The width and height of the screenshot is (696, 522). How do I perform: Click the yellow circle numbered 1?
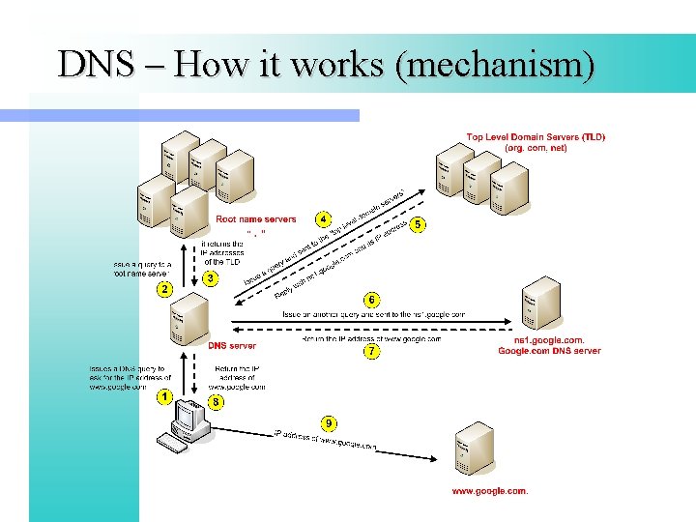(165, 396)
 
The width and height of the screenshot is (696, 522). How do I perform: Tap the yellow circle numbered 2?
(165, 289)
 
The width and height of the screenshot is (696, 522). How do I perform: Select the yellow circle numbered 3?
(212, 279)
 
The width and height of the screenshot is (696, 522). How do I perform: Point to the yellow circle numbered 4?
(325, 219)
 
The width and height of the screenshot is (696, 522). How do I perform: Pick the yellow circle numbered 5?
(418, 224)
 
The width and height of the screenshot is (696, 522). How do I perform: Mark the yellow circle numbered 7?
(371, 352)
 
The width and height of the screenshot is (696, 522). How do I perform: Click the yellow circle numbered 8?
(216, 402)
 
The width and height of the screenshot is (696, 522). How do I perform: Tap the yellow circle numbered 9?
(330, 422)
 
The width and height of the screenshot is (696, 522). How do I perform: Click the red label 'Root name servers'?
(256, 219)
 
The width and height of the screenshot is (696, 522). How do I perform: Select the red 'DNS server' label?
(232, 345)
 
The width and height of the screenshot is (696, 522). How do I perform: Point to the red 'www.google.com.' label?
(490, 491)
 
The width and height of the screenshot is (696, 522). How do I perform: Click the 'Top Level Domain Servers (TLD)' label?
(536, 137)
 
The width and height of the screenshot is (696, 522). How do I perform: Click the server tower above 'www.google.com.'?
(475, 448)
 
